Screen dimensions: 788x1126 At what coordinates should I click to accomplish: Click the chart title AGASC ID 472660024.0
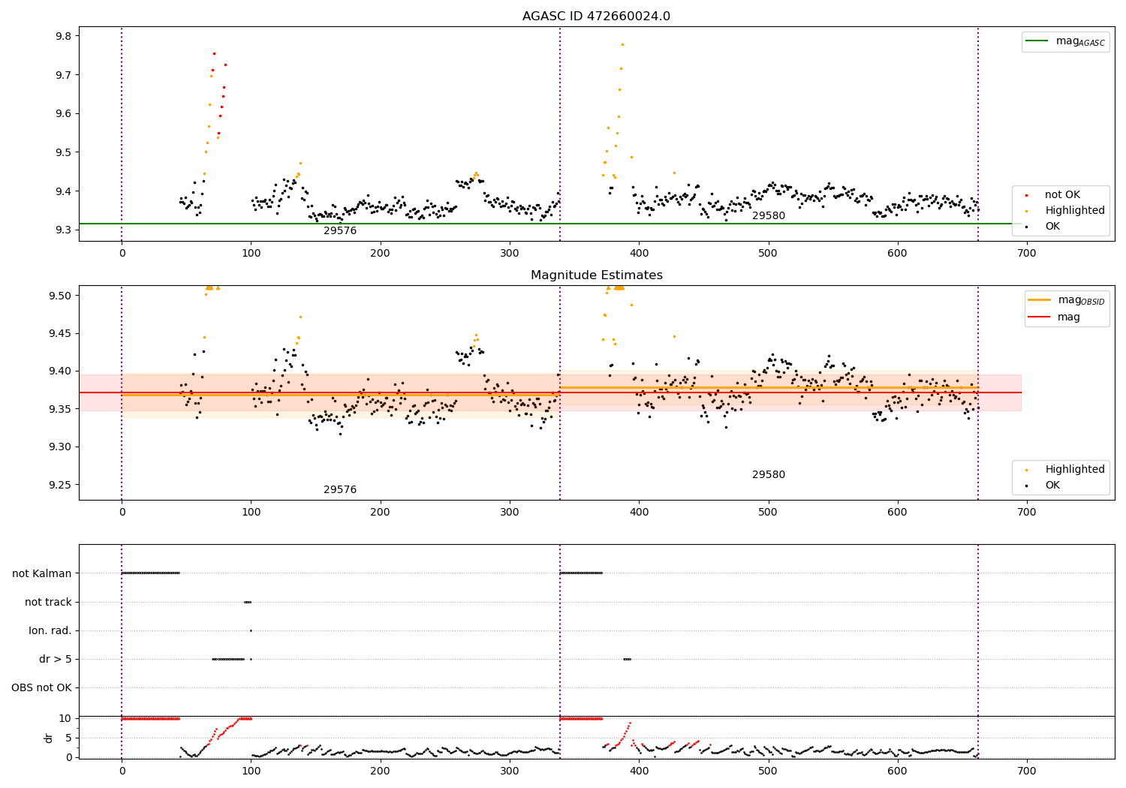pyautogui.click(x=596, y=17)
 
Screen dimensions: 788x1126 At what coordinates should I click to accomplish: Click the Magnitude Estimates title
pyautogui.click(x=596, y=275)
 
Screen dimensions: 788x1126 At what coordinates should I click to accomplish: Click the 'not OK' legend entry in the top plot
pyautogui.click(x=1062, y=195)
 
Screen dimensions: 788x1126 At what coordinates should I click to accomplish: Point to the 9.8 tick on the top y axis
pyautogui.click(x=63, y=36)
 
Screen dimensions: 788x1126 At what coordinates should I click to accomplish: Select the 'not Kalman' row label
pyautogui.click(x=42, y=573)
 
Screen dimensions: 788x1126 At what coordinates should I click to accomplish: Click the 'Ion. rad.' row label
pyautogui.click(x=50, y=630)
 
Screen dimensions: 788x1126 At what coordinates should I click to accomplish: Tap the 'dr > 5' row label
pyautogui.click(x=56, y=659)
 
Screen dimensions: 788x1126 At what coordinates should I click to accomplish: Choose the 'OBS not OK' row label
pyautogui.click(x=41, y=687)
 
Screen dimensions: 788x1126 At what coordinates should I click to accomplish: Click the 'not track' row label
pyautogui.click(x=48, y=602)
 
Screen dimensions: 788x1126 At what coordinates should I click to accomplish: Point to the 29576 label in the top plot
pyautogui.click(x=340, y=231)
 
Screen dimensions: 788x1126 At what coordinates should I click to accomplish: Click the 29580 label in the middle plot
pyautogui.click(x=768, y=475)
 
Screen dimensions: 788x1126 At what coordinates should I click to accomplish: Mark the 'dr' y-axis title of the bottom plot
pyautogui.click(x=49, y=738)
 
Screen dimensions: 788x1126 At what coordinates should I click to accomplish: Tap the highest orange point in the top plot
pyautogui.click(x=622, y=44)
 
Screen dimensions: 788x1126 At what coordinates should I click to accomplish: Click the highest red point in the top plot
pyautogui.click(x=214, y=53)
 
